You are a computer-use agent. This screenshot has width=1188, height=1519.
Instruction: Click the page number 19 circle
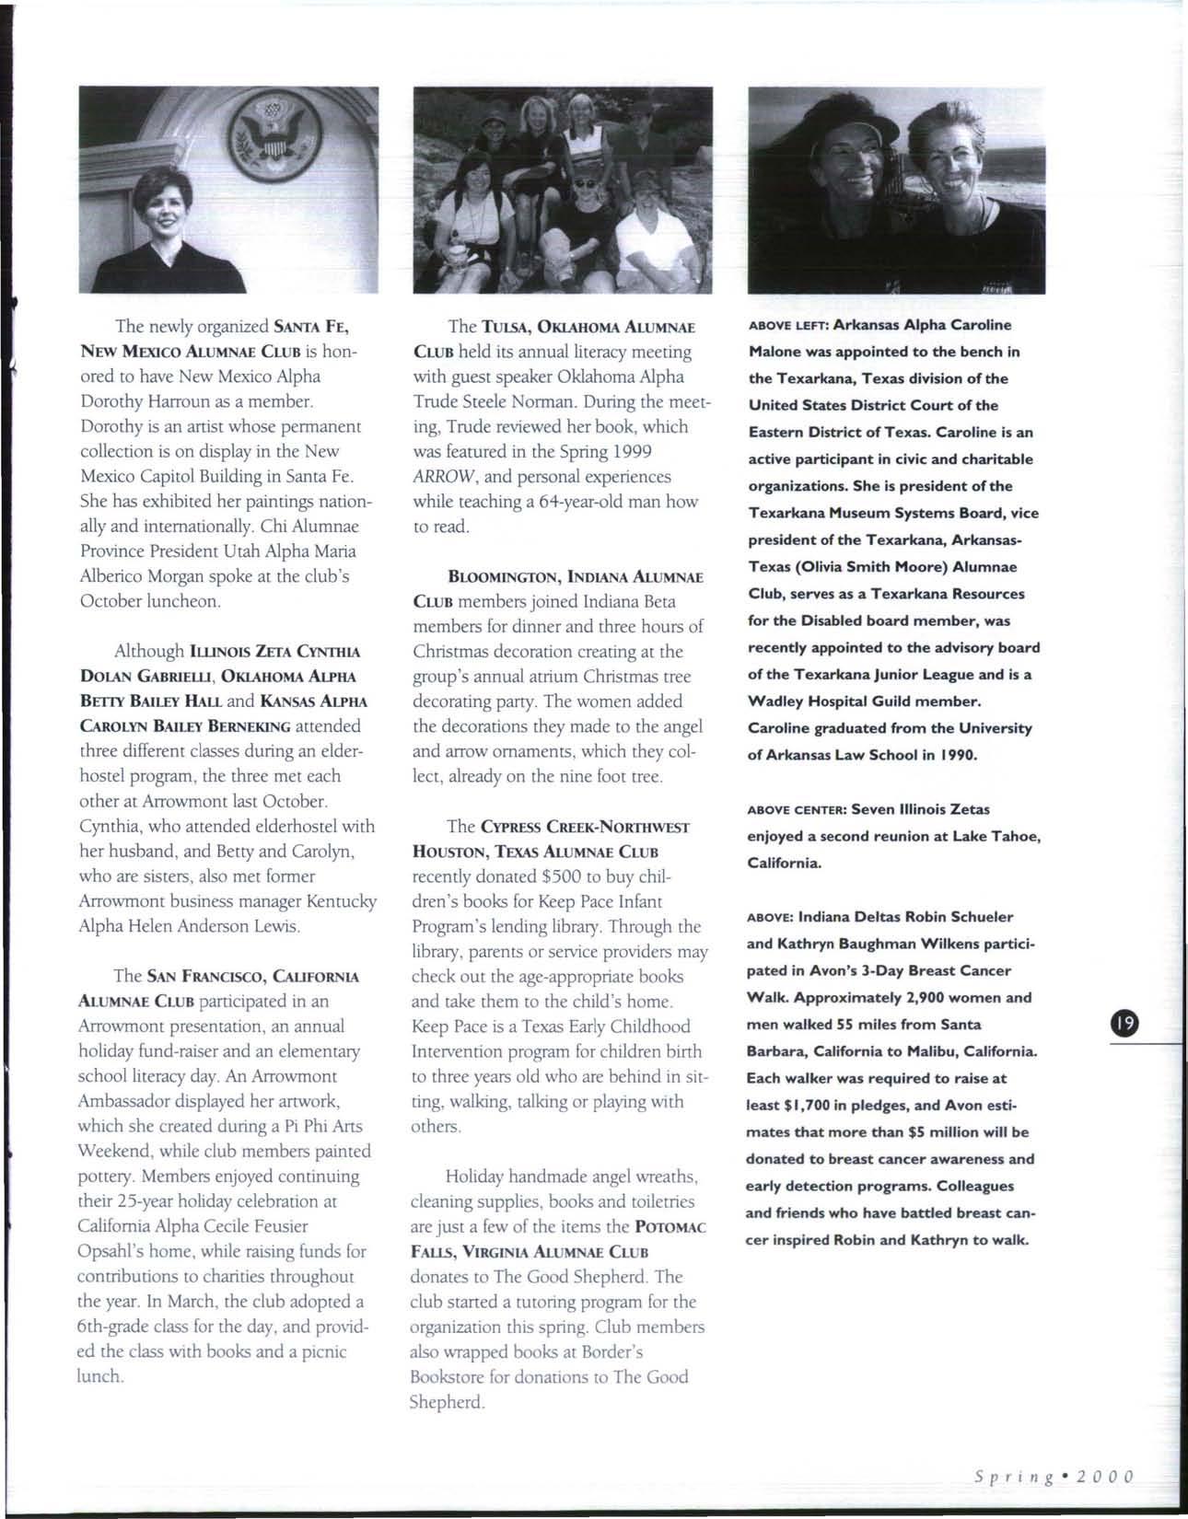pos(1124,1024)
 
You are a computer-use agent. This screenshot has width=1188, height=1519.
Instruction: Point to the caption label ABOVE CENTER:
pos(798,810)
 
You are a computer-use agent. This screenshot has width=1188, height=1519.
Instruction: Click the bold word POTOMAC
pos(670,1227)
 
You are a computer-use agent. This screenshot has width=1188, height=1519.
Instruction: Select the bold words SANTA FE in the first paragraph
pos(310,327)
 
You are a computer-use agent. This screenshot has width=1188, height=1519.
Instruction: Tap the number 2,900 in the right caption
pos(946,997)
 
